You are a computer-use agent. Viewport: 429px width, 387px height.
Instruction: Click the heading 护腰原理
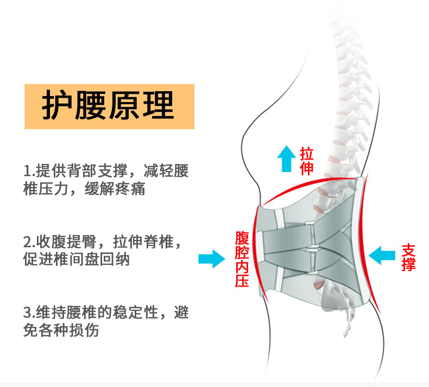109,106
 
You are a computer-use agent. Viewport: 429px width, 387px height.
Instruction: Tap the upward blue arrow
284,157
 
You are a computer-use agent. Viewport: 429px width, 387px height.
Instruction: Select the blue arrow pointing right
211,259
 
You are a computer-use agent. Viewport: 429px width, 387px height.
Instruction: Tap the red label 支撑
408,257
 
